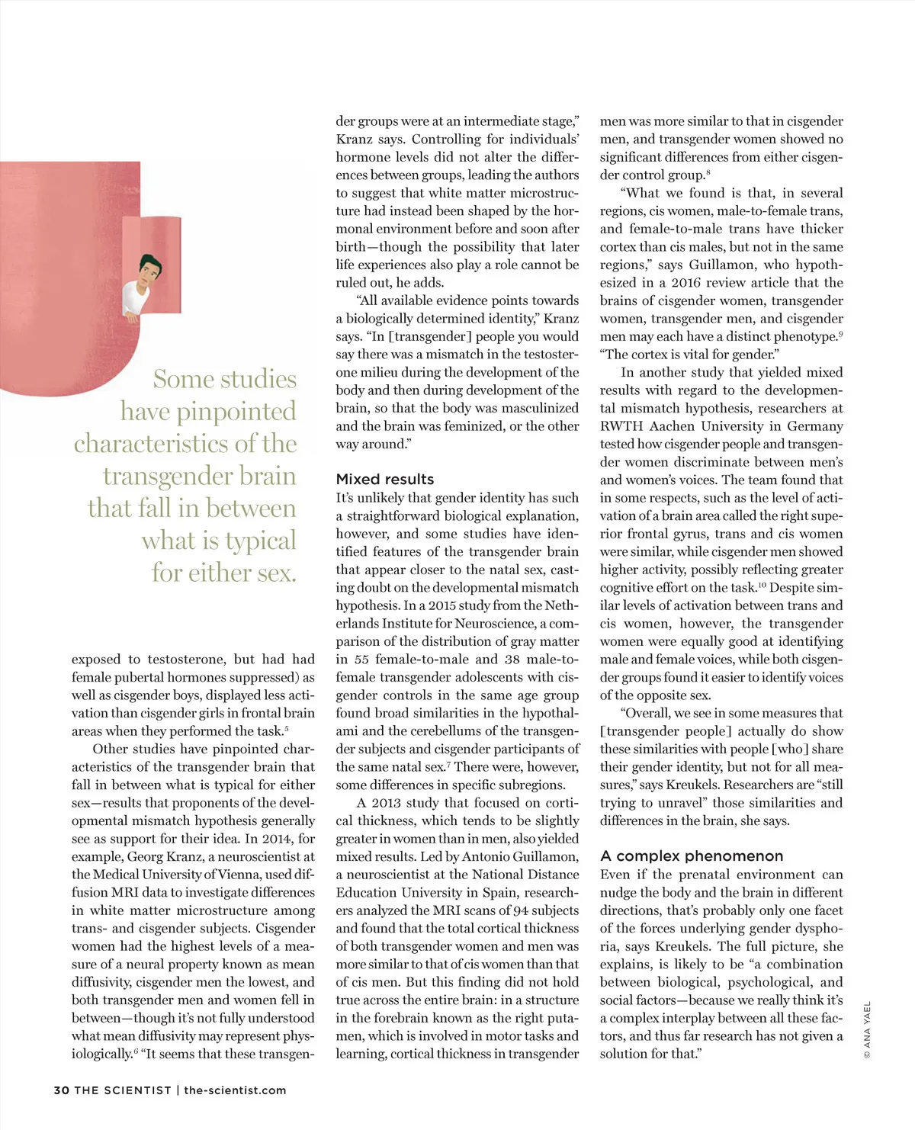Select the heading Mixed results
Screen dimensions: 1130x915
coord(385,479)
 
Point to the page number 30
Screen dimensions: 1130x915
coord(61,1090)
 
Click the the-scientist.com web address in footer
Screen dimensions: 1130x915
coord(235,1090)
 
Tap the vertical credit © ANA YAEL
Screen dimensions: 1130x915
coord(867,1030)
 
